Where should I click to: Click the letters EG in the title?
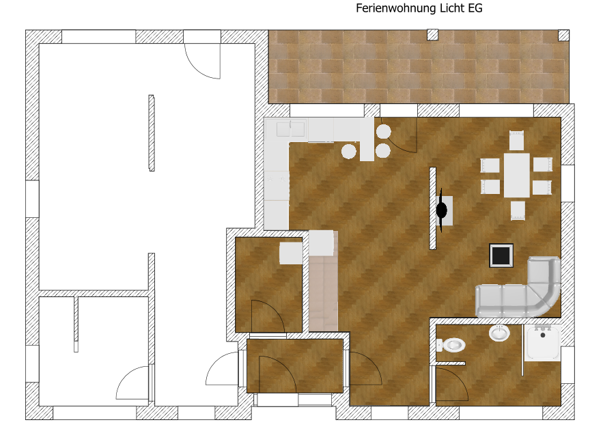[x=475, y=8]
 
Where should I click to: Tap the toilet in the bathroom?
[x=451, y=345]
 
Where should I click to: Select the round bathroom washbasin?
[x=499, y=333]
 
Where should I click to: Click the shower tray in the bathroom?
[x=543, y=342]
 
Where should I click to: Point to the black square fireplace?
[x=501, y=255]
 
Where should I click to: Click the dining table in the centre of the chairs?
[x=517, y=175]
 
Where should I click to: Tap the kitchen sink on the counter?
[x=290, y=129]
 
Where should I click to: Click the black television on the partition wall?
[x=441, y=210]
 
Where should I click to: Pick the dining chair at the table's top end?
[x=517, y=141]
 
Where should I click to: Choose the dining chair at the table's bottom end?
[x=518, y=210]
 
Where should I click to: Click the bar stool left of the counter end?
[x=349, y=152]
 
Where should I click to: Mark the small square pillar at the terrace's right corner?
[x=563, y=35]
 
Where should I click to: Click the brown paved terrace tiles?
[x=419, y=67]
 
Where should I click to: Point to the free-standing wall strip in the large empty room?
[x=152, y=133]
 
